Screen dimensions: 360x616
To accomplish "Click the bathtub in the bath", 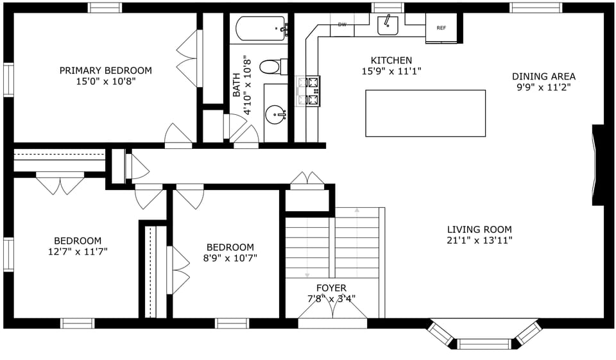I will point(261,29).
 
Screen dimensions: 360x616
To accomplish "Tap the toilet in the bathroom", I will point(273,66).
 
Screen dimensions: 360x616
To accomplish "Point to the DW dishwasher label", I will point(342,25).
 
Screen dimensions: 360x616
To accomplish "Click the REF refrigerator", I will point(441,29).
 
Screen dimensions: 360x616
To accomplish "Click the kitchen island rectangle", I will point(425,113).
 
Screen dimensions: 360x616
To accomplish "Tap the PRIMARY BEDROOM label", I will point(106,71).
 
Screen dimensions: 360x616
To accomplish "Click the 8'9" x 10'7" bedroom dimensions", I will point(230,258).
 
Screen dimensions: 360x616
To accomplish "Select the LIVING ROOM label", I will point(479,230).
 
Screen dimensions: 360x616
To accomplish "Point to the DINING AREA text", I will point(543,76).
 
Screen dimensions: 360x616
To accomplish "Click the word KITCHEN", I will point(391,60).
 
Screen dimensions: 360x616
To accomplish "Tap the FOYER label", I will point(331,288).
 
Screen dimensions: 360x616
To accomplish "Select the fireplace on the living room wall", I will point(598,165).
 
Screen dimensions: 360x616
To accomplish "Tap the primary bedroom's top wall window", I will point(105,8).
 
